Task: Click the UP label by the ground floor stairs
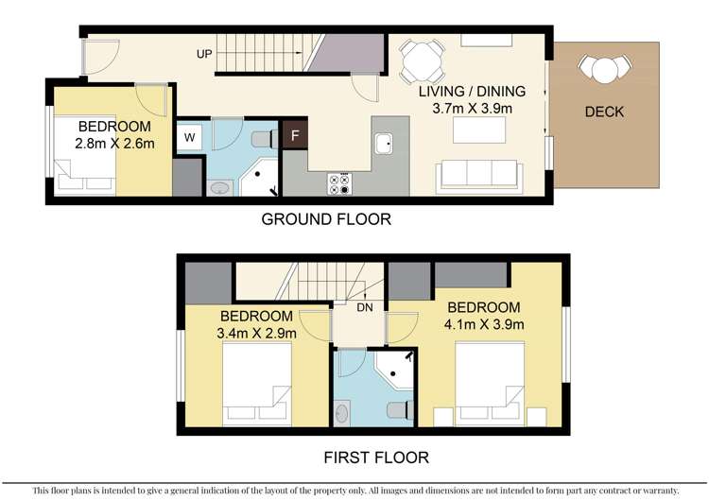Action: coord(204,54)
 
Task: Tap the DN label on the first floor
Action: coord(365,306)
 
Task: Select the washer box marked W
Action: coord(189,136)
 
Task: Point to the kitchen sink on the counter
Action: coord(383,144)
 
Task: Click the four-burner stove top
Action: coord(338,183)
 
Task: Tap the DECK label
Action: coord(604,112)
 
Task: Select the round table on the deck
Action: coord(603,69)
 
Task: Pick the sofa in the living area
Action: coord(478,175)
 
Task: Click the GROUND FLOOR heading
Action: coord(326,219)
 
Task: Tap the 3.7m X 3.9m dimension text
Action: coord(472,110)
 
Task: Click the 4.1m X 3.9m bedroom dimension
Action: coord(483,325)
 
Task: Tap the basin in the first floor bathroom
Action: coord(341,412)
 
